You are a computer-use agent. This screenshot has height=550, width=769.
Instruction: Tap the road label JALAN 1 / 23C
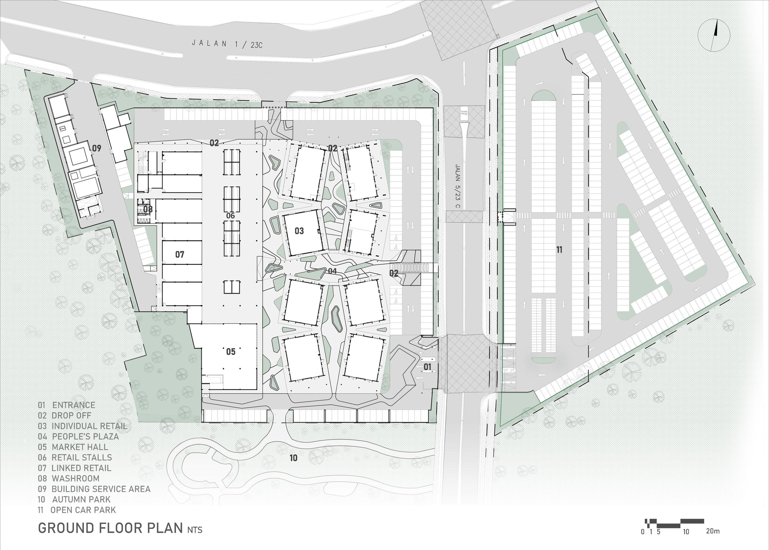[227, 44]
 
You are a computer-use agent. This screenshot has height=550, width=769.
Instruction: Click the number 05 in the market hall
[230, 352]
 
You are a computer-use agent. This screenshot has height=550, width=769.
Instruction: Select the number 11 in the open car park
[559, 250]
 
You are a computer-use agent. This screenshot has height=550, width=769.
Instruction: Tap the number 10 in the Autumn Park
[294, 458]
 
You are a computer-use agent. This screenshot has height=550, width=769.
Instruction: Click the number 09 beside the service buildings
[96, 148]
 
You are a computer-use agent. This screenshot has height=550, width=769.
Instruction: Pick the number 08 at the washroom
[148, 209]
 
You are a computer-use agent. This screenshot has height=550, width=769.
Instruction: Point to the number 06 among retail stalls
[230, 216]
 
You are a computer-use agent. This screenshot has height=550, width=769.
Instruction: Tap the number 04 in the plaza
[332, 271]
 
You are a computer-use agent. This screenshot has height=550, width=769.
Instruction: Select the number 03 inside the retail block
[299, 231]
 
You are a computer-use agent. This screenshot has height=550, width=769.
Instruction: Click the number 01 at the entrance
[427, 366]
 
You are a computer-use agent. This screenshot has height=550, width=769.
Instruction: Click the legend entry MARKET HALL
[79, 447]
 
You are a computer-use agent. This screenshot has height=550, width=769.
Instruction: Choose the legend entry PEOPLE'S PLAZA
[85, 437]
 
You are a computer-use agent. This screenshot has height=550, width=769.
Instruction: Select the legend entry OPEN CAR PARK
[83, 510]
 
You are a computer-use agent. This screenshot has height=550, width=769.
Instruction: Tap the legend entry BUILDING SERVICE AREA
[101, 489]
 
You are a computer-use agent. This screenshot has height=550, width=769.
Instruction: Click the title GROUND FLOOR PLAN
[110, 528]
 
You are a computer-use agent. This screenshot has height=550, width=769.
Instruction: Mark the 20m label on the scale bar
[713, 531]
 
